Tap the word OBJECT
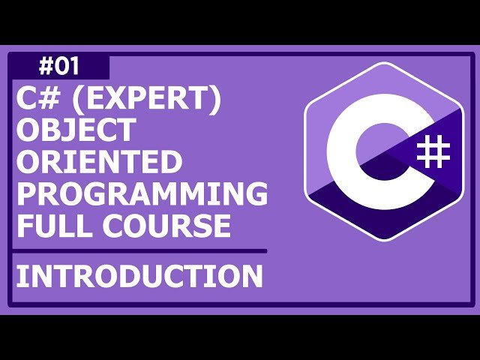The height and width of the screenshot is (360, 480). click(x=76, y=130)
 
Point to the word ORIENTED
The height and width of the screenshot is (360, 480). click(x=99, y=162)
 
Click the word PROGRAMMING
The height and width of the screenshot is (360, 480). click(x=142, y=193)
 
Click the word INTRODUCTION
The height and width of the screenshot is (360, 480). click(x=139, y=276)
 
